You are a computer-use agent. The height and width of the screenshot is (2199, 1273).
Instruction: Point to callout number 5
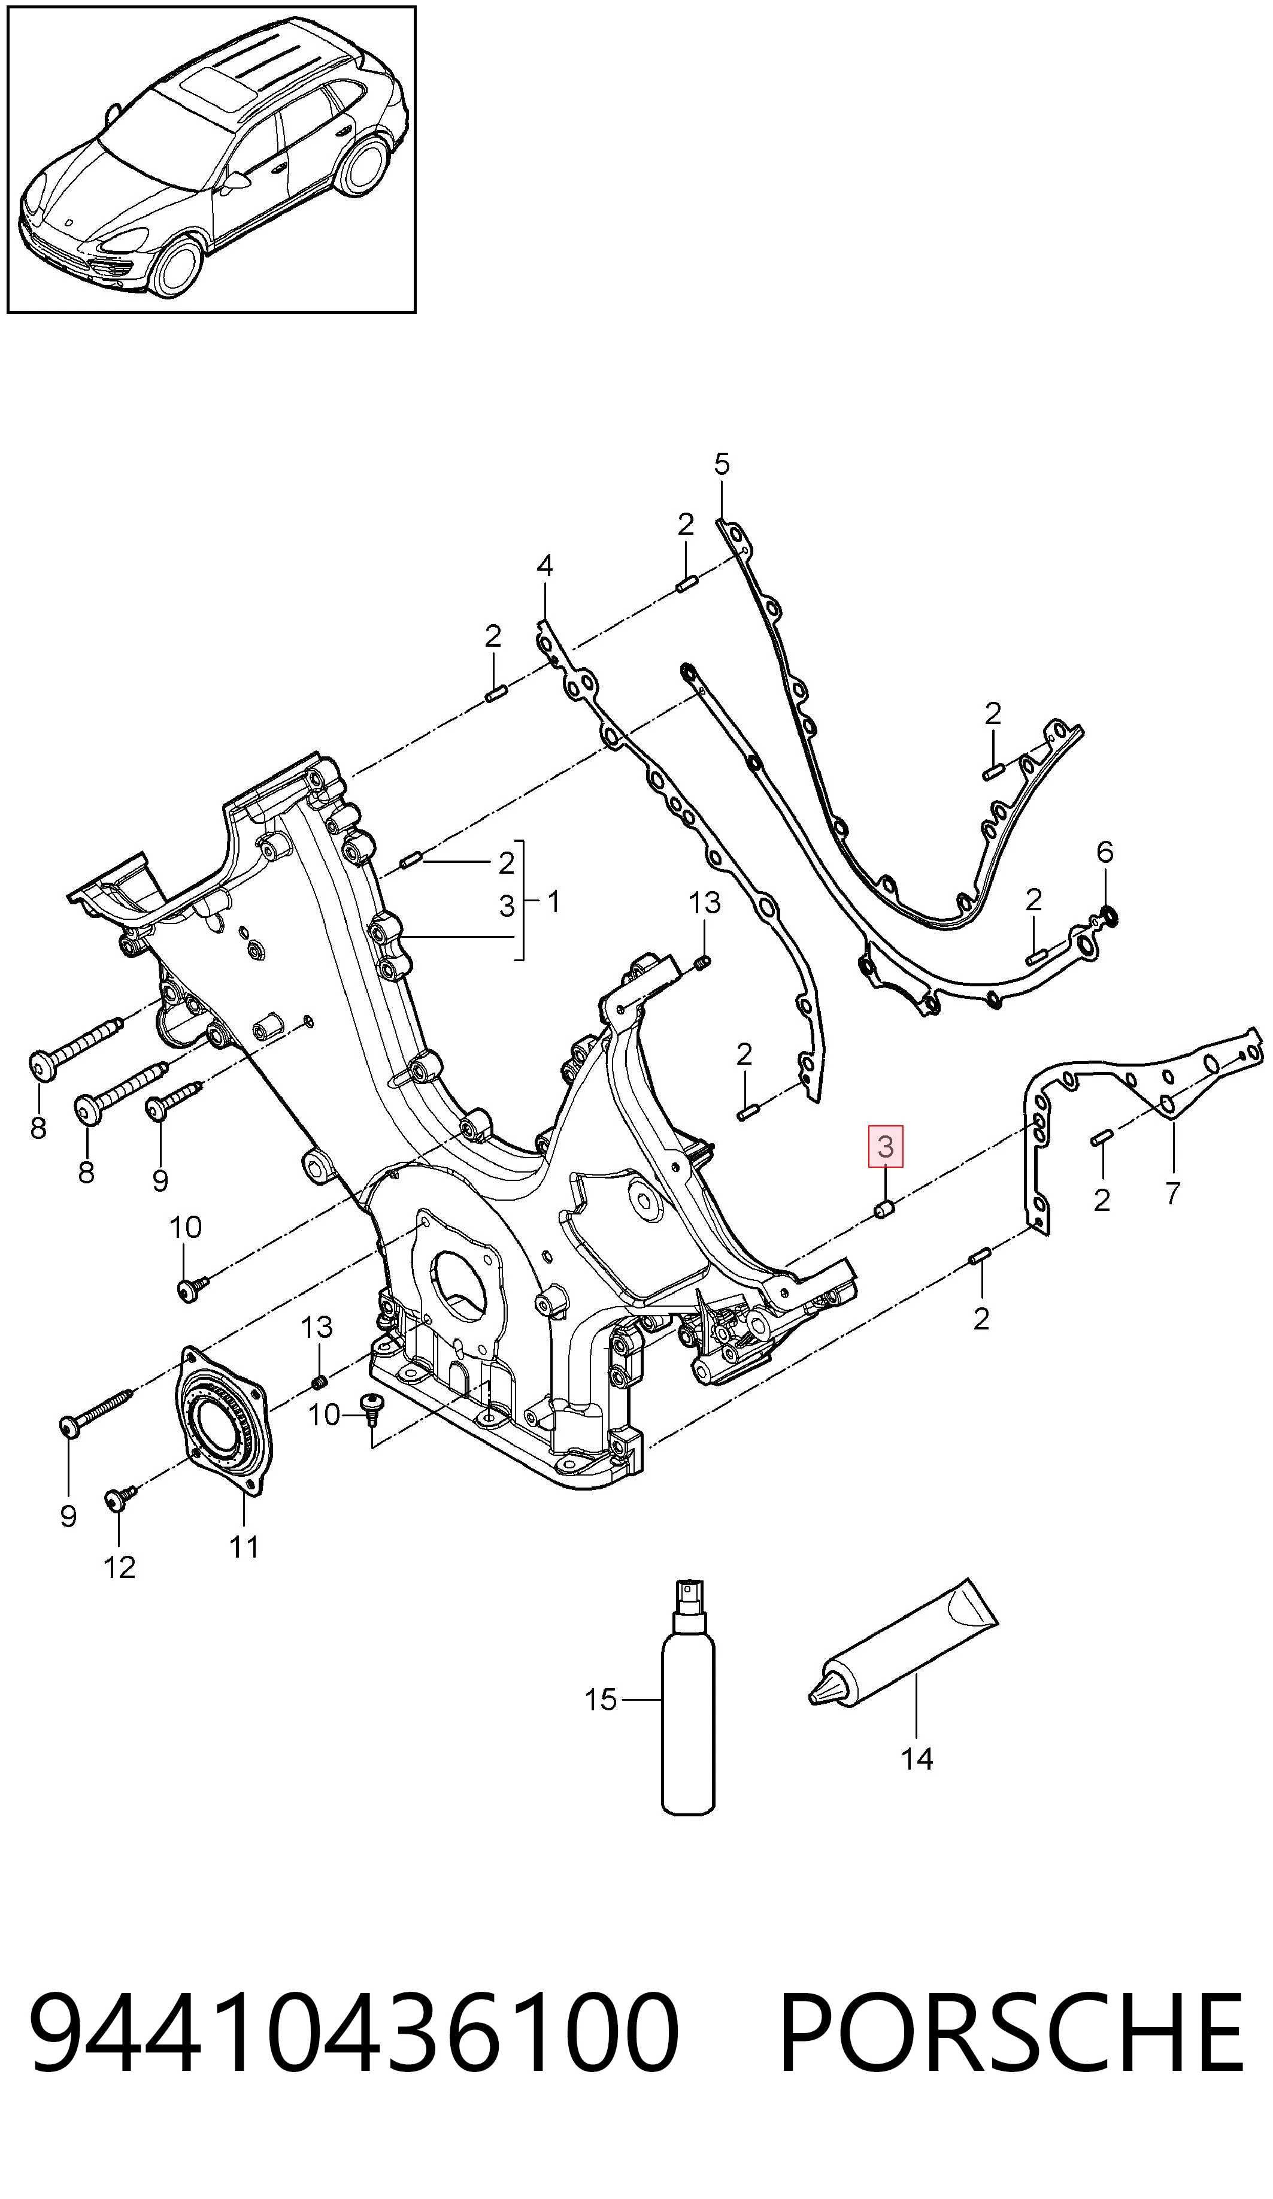coord(722,464)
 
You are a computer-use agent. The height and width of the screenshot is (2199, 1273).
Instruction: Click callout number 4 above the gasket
coord(544,567)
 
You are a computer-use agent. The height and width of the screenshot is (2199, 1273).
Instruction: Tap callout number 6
coord(1105,852)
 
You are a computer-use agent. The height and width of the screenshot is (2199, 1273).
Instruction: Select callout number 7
coord(1172,1192)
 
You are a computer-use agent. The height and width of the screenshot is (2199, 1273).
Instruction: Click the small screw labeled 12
coord(119,1498)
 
